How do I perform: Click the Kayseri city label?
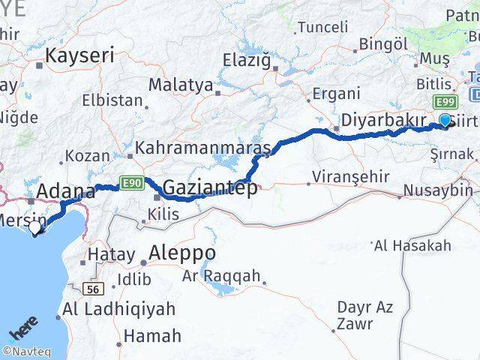tap(79, 55)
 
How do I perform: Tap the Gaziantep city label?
tap(210, 187)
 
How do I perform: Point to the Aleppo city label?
tap(182, 253)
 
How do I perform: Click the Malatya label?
tap(181, 85)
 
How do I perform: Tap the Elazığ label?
tap(246, 59)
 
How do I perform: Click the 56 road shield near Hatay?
tap(93, 289)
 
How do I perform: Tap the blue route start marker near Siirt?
tap(445, 120)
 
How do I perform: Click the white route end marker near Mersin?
tap(34, 226)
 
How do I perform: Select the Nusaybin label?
tap(438, 190)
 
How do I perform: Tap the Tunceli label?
tap(322, 27)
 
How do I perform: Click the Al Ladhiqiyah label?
tap(119, 308)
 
